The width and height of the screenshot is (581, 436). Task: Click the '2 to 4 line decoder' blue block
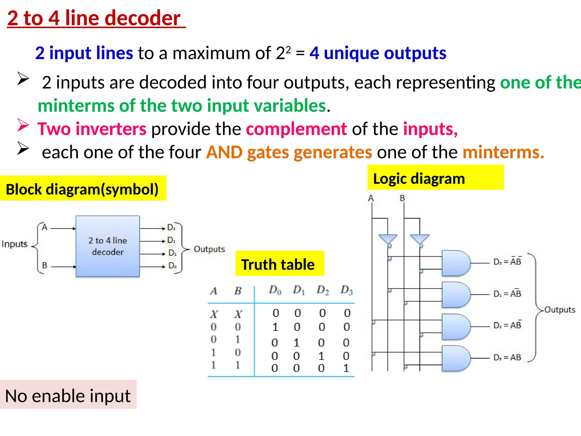108,246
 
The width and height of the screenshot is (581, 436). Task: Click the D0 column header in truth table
275,290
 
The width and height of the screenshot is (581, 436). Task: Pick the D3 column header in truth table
347,290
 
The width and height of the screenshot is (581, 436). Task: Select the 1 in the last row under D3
346,368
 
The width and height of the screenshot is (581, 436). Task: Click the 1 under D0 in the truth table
275,327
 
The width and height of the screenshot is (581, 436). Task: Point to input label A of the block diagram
45,227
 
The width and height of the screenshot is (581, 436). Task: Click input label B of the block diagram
45,266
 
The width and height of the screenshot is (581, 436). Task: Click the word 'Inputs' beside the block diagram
14,244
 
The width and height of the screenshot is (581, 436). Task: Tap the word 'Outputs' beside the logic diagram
560,309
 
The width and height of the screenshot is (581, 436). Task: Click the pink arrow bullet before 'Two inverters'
23,125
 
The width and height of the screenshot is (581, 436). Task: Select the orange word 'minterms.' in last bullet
503,152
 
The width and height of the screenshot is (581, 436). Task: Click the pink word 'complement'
296,129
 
